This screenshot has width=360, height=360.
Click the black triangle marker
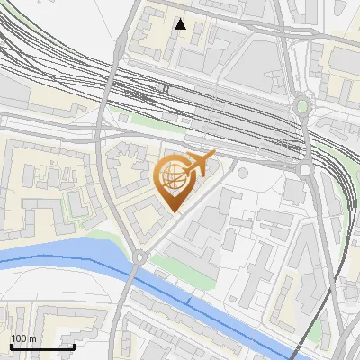point(181,24)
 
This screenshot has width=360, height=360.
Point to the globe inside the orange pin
point(172,178)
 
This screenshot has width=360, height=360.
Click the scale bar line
point(42,346)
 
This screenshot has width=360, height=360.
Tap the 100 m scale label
point(23,338)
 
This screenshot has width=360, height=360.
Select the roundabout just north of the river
point(139,257)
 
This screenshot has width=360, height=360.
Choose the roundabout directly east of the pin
point(305,168)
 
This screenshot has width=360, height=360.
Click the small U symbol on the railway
point(166,88)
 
